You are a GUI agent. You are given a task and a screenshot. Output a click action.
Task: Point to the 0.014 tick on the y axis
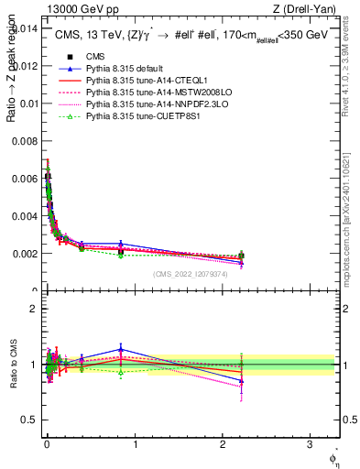[x=23, y=28]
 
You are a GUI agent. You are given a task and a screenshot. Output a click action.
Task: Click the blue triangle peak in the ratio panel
[x=121, y=349]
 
